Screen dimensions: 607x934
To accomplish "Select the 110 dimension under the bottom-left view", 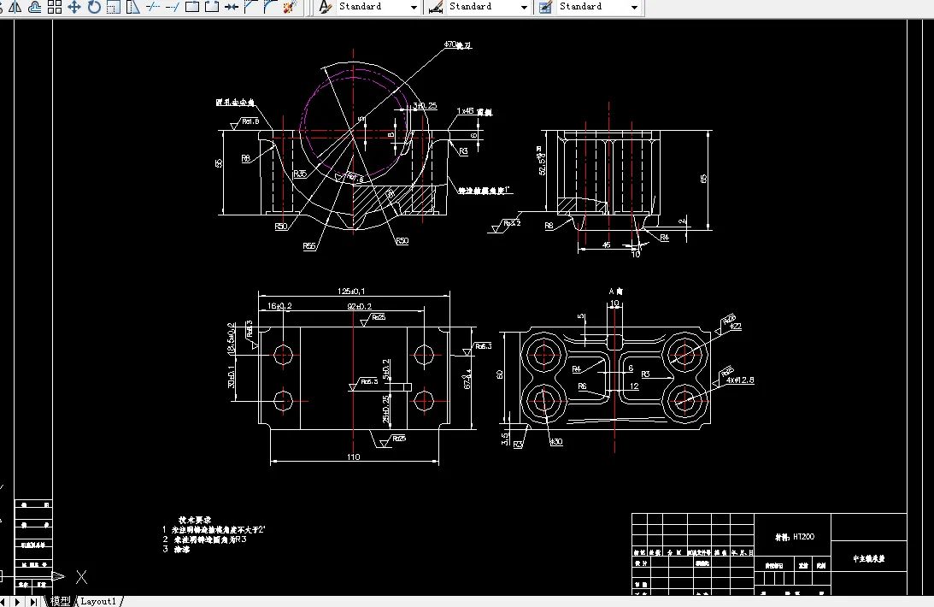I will click(x=354, y=457).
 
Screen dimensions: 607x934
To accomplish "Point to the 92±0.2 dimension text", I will click(x=358, y=306).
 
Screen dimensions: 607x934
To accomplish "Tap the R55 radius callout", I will click(x=308, y=246).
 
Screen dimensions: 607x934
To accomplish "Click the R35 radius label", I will click(x=300, y=174).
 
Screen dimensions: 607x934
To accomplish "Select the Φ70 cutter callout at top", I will click(x=452, y=44).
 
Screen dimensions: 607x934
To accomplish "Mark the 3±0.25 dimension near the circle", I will click(x=425, y=106).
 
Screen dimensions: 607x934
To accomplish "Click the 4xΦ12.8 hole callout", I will click(x=740, y=380).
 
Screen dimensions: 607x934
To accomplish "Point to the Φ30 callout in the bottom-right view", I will click(x=556, y=441).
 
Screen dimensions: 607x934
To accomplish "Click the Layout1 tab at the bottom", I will click(x=98, y=601).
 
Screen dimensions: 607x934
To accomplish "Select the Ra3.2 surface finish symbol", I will click(x=510, y=223).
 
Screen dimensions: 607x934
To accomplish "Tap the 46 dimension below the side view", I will click(x=606, y=245).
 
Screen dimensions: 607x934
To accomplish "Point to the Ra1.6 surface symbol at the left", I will click(x=250, y=121).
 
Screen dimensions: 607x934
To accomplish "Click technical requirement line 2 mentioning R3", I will click(x=205, y=539).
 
